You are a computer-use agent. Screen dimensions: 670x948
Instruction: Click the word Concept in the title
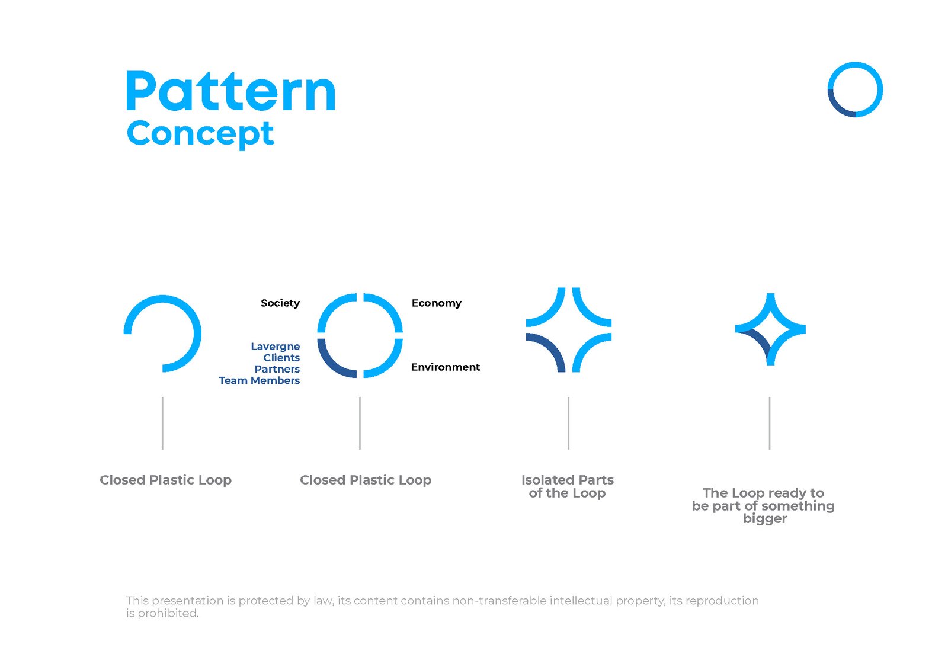(x=200, y=134)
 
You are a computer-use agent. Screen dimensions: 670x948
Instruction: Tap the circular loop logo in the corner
(x=855, y=89)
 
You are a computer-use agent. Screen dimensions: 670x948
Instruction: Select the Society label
(x=280, y=303)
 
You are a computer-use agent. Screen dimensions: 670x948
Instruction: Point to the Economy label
(x=436, y=303)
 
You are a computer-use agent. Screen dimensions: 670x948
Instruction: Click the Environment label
(x=445, y=367)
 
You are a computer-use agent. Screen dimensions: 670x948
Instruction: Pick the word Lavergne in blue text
(x=275, y=347)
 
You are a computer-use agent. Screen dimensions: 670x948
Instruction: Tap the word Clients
(x=281, y=358)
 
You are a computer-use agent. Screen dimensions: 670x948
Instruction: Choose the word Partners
(x=277, y=369)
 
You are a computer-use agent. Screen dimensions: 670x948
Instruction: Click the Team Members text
(x=259, y=380)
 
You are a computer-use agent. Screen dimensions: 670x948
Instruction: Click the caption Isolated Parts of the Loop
(x=567, y=486)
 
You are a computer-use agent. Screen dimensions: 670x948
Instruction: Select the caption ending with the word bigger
(x=763, y=505)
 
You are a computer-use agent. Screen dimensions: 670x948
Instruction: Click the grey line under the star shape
(x=770, y=423)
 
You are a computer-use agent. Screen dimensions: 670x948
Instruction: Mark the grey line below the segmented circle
(x=360, y=423)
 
